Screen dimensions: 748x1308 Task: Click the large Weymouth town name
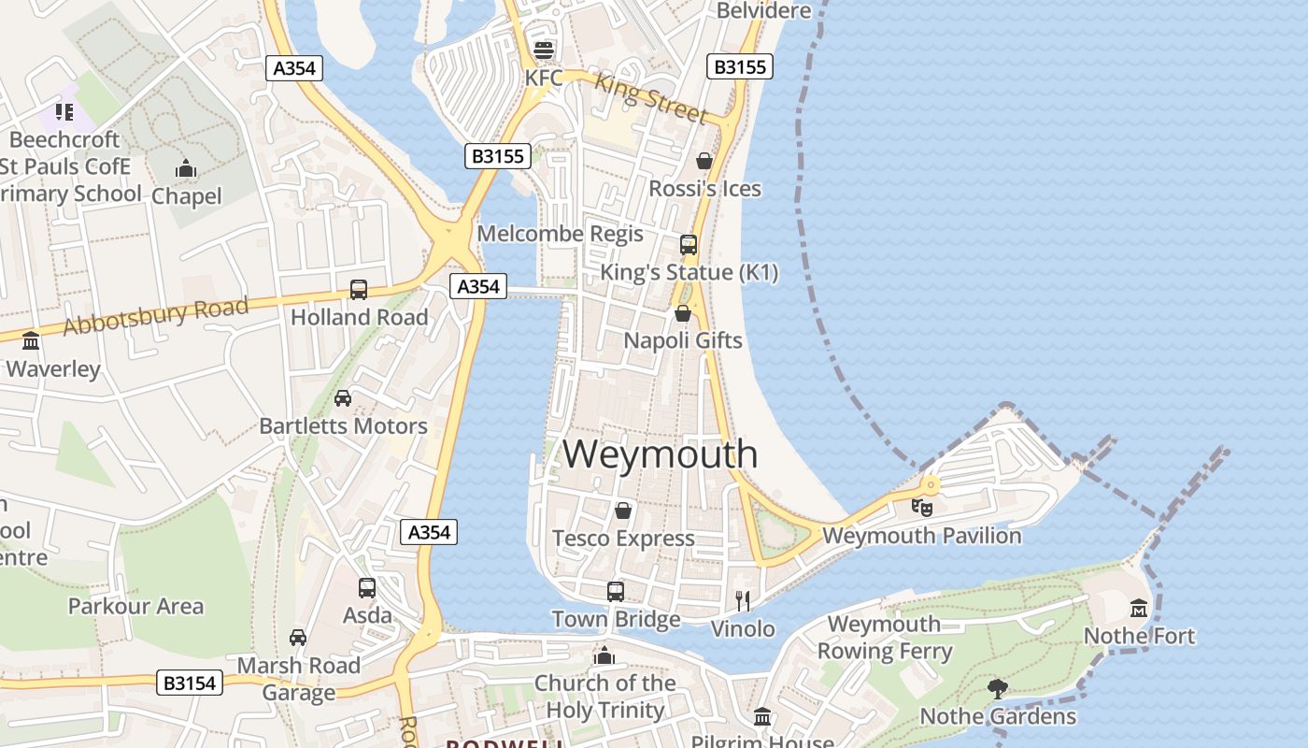[660, 454]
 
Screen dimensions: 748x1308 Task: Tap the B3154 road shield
[190, 683]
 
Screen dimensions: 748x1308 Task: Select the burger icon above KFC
[543, 50]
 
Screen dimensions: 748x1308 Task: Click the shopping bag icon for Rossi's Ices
[704, 161]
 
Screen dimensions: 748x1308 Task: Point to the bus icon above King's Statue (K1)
[689, 245]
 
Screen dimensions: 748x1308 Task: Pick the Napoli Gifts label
[683, 340]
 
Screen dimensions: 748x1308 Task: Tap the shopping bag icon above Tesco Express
[623, 511]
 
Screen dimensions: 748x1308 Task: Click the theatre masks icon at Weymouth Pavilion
[922, 508]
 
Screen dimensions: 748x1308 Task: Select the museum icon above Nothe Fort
[1138, 609]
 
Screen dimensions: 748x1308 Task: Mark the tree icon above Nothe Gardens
[998, 689]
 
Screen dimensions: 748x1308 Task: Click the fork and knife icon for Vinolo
[743, 600]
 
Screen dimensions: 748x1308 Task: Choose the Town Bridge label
[616, 619]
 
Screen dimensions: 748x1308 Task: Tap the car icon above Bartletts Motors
[343, 398]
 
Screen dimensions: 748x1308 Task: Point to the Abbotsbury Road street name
[156, 315]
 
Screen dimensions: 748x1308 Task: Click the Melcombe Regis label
[561, 233]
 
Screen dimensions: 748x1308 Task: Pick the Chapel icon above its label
[186, 169]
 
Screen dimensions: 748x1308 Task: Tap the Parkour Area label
[135, 606]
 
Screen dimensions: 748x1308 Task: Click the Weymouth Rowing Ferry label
[885, 638]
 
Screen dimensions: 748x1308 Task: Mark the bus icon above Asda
[367, 588]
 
